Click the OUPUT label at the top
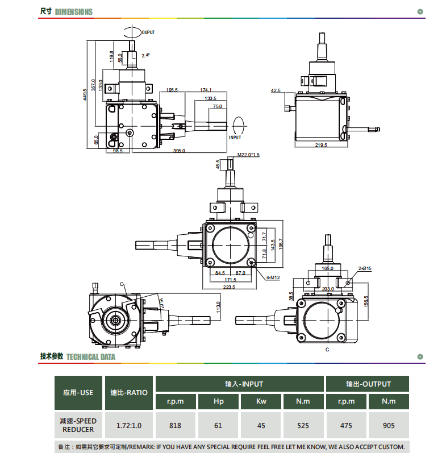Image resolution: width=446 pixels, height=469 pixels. coord(148,32)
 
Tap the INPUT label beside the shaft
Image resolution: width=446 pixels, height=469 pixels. coord(235,138)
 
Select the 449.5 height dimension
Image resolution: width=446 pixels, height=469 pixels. coord(85,94)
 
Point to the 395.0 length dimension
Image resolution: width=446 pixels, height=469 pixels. coord(179,151)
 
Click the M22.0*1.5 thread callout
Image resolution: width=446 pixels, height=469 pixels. coord(248,155)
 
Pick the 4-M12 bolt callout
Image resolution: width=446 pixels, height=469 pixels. coord(273,277)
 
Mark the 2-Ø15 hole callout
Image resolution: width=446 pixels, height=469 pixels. coord(365,268)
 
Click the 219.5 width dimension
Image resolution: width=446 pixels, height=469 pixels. coord(321,145)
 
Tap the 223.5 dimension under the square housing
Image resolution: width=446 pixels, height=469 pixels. coord(229,287)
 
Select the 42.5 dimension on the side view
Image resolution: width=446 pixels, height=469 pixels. coord(276,90)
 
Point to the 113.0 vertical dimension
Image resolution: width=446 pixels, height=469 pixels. coord(218,307)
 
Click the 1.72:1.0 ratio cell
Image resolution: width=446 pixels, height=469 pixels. coord(129,425)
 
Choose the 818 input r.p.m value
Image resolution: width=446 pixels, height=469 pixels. coord(175,425)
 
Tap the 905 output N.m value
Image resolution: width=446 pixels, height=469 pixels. coord(389,425)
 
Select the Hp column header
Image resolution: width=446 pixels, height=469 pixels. coord(219,401)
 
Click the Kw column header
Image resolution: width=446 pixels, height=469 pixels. coord(261,401)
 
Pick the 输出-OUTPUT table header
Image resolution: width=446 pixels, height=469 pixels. coord(368,384)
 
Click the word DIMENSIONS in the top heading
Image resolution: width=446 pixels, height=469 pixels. coord(74,12)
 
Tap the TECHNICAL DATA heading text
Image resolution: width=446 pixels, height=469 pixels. coord(91,357)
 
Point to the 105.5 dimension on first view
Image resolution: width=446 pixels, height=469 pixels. coord(172,90)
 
